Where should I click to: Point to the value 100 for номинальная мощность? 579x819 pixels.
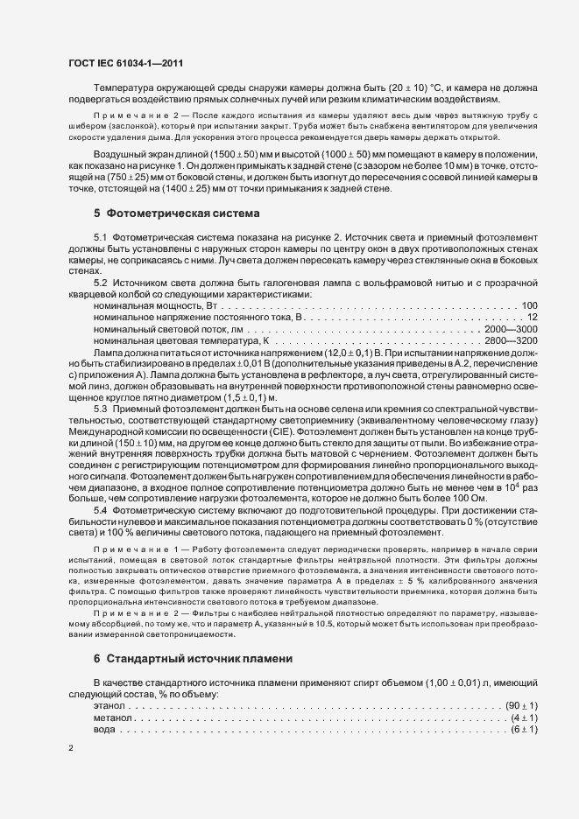pyautogui.click(x=529, y=305)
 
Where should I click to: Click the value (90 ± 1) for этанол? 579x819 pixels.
pyautogui.click(x=521, y=705)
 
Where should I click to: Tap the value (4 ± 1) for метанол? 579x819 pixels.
pyautogui.click(x=524, y=717)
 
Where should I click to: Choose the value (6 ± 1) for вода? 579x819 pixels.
pyautogui.click(x=524, y=729)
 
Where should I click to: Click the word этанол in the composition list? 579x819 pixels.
pyautogui.click(x=109, y=705)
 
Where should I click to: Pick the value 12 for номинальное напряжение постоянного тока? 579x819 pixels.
pyautogui.click(x=532, y=317)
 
